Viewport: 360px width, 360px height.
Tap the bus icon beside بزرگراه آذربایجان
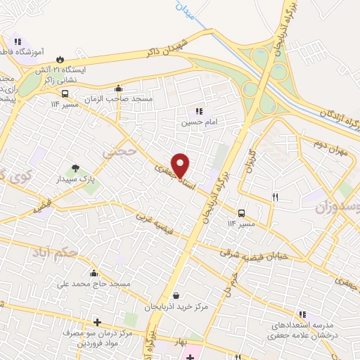[x=242, y=213]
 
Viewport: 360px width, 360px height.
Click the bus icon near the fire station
[x=65, y=93]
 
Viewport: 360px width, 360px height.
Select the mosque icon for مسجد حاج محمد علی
[x=94, y=273]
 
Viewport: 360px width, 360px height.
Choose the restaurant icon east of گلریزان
[x=275, y=198]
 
